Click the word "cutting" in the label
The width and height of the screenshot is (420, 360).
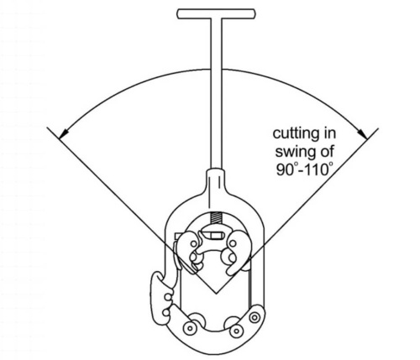click(x=296, y=133)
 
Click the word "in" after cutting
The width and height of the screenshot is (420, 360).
click(x=328, y=133)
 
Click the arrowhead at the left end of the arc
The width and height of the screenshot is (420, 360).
click(x=64, y=133)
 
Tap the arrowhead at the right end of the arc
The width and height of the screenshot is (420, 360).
click(x=362, y=133)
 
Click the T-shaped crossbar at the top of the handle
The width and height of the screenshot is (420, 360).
click(x=216, y=14)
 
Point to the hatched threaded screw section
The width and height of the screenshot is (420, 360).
click(x=216, y=218)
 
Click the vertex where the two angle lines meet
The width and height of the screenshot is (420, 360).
click(x=216, y=294)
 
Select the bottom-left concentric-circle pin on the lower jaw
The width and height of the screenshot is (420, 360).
click(x=190, y=327)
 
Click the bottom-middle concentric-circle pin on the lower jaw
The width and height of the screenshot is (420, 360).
click(x=236, y=331)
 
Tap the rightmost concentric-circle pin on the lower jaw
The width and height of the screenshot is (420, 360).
click(x=255, y=317)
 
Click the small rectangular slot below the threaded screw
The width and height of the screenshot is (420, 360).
click(x=213, y=236)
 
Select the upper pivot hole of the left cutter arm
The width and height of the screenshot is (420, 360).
click(x=193, y=244)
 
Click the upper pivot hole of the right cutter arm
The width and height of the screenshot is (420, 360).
click(x=233, y=243)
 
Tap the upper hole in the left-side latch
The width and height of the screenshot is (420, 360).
click(x=167, y=297)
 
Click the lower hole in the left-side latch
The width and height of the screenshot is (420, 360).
click(x=166, y=312)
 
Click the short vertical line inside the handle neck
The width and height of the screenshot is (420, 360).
click(x=220, y=181)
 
